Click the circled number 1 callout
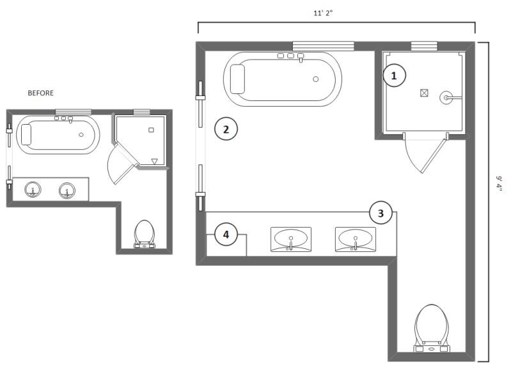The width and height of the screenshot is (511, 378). point(394,75)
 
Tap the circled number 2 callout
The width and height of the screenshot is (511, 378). point(226,130)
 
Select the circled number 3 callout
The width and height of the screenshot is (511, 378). point(381,214)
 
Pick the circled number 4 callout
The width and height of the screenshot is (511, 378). point(226,235)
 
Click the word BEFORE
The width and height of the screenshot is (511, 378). point(41,93)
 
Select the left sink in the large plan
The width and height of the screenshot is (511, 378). point(291,240)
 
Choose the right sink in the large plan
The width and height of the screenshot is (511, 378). point(355,239)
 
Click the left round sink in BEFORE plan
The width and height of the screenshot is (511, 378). point(33,189)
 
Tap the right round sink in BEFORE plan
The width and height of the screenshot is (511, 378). point(67,189)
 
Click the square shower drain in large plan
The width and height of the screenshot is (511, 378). point(423,92)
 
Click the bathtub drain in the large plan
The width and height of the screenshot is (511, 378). point(315,79)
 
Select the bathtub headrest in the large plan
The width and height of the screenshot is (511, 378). point(239,79)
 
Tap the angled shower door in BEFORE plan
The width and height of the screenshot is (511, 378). point(122,162)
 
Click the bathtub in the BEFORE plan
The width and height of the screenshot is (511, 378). point(58,134)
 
